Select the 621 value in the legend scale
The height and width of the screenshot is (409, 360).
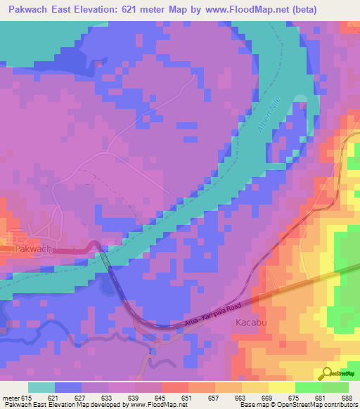coord(53,397)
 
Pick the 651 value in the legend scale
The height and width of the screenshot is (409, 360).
coord(186,397)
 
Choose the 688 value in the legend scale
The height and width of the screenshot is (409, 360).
coord(346,397)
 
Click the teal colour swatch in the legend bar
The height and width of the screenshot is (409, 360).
coord(41,387)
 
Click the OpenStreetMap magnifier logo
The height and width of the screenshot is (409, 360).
coord(326,374)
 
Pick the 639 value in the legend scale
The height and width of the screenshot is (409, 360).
coord(132,397)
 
